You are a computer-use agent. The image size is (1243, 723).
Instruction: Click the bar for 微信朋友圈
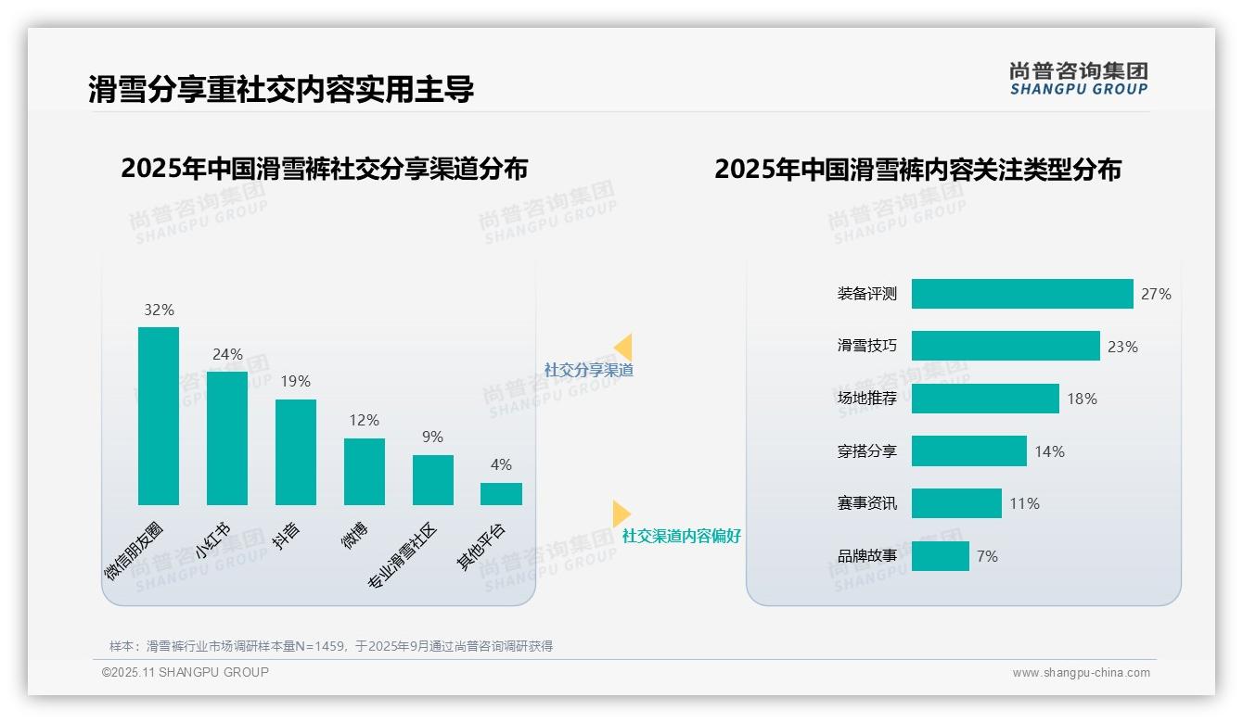click(x=159, y=416)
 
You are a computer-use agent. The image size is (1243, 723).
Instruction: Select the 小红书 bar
click(x=227, y=438)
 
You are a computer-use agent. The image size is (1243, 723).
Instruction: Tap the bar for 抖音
click(x=296, y=452)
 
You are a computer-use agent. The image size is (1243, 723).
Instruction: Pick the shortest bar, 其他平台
click(x=501, y=494)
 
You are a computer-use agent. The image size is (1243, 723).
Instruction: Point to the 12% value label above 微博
click(x=365, y=421)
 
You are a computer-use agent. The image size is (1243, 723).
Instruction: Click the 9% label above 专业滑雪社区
click(x=432, y=438)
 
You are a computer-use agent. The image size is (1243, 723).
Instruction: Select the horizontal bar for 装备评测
click(x=1022, y=294)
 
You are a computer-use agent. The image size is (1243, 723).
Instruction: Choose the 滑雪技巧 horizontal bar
click(x=1006, y=346)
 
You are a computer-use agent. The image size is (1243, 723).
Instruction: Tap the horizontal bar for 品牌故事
click(x=941, y=556)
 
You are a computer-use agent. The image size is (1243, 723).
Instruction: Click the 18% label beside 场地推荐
click(x=1082, y=400)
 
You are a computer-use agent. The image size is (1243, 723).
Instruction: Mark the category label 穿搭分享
click(x=867, y=451)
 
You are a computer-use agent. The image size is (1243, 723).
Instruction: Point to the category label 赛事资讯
click(x=867, y=503)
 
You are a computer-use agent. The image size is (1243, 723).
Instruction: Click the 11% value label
click(x=1025, y=504)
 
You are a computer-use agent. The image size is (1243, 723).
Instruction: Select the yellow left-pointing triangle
click(x=623, y=348)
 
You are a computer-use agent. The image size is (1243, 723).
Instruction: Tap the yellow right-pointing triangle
click(x=621, y=514)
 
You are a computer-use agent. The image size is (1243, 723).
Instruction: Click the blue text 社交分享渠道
click(x=589, y=370)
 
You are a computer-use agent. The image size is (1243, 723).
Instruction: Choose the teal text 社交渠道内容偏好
click(x=682, y=536)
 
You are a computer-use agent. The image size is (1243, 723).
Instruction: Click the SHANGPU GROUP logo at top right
click(x=1079, y=79)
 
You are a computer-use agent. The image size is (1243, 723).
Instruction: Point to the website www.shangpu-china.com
click(x=1081, y=673)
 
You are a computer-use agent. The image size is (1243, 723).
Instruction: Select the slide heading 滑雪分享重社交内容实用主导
click(x=281, y=89)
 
